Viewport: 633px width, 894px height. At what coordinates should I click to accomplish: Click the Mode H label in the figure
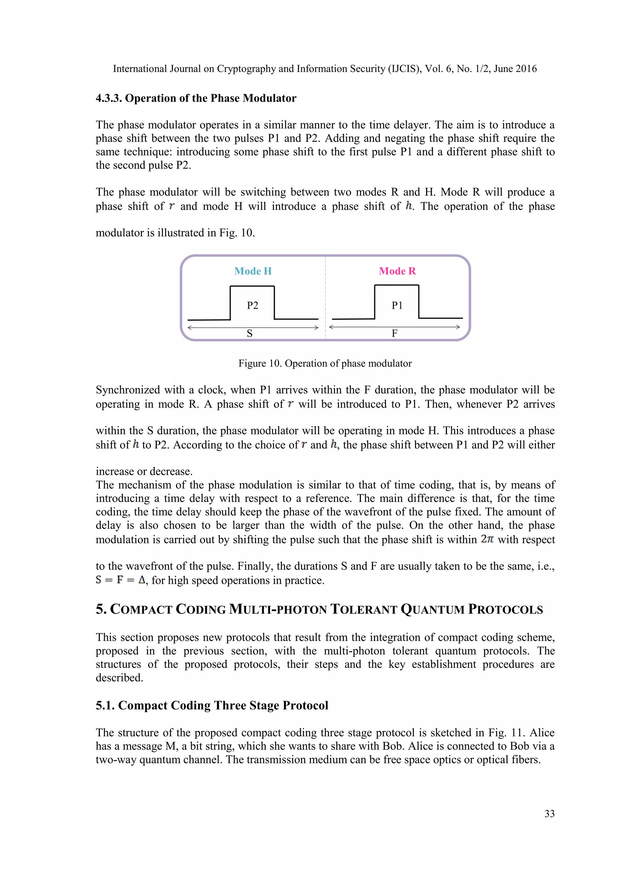253,271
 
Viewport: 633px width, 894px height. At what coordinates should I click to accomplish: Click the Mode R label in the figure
397,271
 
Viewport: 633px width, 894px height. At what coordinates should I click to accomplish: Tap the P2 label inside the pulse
253,305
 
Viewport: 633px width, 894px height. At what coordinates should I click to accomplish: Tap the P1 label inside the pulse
397,305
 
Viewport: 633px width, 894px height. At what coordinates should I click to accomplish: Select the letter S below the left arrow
249,333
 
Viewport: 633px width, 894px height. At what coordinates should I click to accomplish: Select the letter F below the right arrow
394,333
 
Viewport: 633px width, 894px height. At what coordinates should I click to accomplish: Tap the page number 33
549,814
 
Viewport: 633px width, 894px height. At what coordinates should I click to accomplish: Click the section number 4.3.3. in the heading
109,98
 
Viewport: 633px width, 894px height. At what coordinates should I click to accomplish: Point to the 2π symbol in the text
487,539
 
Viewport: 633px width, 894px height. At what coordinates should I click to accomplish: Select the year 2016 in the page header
526,69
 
